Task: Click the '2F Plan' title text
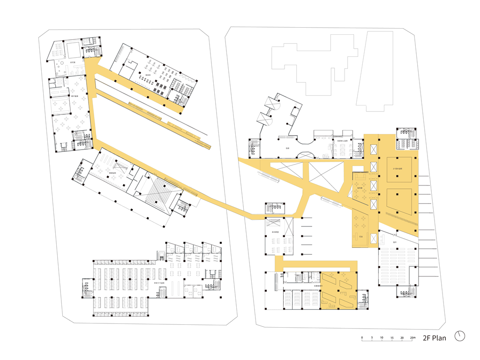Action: [434, 337]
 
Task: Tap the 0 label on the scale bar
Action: [362, 338]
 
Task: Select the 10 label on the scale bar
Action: [382, 338]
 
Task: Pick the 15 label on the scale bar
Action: [392, 338]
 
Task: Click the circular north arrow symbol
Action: [461, 336]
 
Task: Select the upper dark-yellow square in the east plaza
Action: [399, 169]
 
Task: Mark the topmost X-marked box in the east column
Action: [374, 149]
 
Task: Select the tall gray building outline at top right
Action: [375, 70]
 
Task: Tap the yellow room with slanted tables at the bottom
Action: [338, 291]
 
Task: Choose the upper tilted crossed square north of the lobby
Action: [271, 105]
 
